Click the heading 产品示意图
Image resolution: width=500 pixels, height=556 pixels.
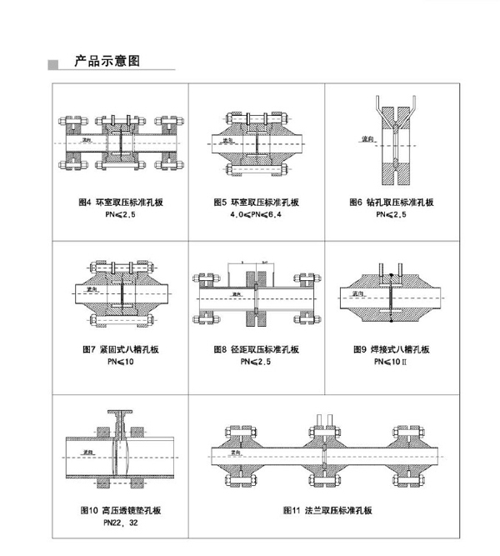[x=106, y=61]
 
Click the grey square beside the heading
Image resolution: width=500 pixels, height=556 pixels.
[x=55, y=63]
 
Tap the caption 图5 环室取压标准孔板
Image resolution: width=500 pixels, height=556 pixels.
[x=257, y=203]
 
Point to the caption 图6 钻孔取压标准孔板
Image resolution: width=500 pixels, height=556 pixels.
[x=393, y=203]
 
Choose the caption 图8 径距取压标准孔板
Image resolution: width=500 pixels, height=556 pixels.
[x=257, y=351]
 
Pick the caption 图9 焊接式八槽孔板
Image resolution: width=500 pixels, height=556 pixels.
[x=390, y=351]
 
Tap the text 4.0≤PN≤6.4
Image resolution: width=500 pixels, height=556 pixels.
[x=257, y=214]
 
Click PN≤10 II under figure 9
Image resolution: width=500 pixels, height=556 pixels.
[x=391, y=363]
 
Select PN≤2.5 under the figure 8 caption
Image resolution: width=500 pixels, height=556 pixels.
[x=257, y=363]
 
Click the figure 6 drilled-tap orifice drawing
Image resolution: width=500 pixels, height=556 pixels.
[x=392, y=143]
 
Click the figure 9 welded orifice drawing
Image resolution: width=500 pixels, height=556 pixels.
[x=391, y=296]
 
